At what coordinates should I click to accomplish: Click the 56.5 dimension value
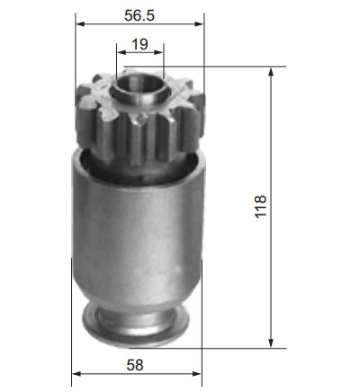139,15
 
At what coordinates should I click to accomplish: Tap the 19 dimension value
139,44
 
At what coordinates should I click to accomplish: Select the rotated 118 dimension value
260,206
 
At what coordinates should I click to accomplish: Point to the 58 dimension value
135,365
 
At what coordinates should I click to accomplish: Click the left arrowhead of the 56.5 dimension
80,24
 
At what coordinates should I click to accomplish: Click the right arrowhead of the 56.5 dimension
199,24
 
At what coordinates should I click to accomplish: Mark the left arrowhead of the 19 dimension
121,52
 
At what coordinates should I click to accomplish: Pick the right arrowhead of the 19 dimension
158,52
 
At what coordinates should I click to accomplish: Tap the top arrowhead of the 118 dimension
271,72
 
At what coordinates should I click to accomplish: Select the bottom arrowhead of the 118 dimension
271,343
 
